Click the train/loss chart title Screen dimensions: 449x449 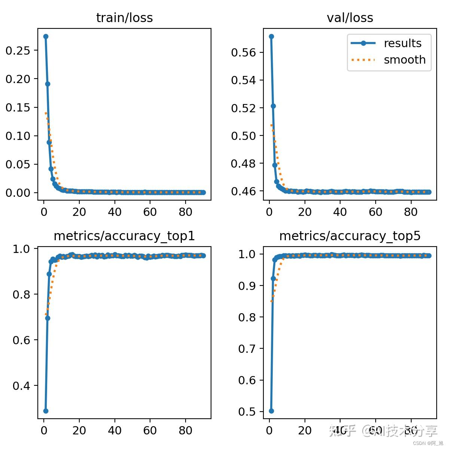(x=124, y=18)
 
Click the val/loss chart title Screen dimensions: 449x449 (x=350, y=18)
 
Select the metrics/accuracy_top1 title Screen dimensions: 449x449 (x=124, y=236)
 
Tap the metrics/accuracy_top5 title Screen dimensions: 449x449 (x=350, y=236)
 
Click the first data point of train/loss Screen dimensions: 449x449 (x=46, y=36)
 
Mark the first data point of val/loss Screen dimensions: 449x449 (x=271, y=36)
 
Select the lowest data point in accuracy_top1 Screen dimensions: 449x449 (x=46, y=411)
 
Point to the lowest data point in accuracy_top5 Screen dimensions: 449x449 (x=271, y=411)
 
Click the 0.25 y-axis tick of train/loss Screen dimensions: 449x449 (x=18, y=51)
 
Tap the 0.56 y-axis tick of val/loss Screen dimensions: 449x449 (x=243, y=52)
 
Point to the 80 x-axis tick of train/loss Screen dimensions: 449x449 (x=185, y=212)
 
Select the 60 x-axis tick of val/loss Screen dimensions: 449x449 (x=375, y=212)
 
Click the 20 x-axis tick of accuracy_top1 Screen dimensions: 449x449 (x=79, y=431)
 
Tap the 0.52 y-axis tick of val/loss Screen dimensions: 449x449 (x=243, y=108)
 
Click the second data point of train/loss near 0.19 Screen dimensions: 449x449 (x=48, y=84)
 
